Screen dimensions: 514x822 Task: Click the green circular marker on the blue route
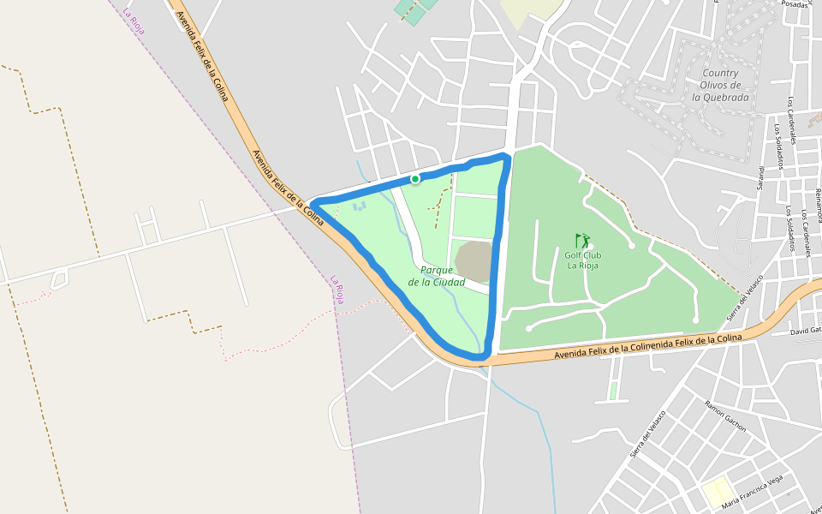[x=415, y=179]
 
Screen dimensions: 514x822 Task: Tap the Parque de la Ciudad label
[x=437, y=276]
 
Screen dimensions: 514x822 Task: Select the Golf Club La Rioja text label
[x=582, y=260]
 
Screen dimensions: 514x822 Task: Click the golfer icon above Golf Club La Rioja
[x=582, y=241]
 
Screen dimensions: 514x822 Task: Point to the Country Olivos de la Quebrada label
[x=720, y=85]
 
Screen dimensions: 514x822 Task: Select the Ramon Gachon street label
[x=725, y=415]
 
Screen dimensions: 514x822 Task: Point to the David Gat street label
[x=805, y=330]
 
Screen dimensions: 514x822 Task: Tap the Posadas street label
[x=795, y=3]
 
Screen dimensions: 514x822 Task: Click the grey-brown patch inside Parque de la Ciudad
[x=474, y=261]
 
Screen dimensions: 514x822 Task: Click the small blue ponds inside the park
[x=359, y=206]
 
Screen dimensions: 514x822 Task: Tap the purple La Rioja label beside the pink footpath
[x=338, y=290]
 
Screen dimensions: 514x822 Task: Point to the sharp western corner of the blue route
[x=313, y=202]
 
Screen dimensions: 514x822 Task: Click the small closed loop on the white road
[x=59, y=278]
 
